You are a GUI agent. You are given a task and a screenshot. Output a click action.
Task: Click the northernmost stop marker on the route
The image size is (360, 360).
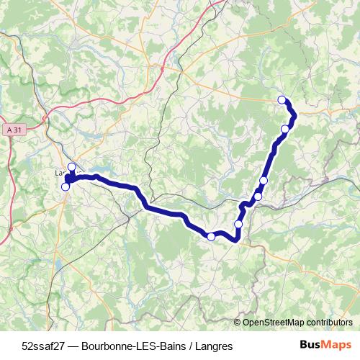282,100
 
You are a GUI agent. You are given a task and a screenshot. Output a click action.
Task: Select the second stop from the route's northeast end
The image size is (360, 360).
285,129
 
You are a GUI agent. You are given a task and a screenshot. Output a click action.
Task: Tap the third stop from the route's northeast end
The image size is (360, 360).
264,180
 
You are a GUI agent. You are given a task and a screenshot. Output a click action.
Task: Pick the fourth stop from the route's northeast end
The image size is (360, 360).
258,196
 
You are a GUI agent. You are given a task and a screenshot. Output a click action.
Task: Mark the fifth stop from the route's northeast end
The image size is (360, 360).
238,224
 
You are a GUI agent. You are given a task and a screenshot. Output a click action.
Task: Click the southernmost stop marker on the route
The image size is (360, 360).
211,236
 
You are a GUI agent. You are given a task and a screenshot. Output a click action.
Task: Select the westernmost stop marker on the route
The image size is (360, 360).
66,187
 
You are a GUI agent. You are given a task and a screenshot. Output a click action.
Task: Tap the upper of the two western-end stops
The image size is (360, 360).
71,167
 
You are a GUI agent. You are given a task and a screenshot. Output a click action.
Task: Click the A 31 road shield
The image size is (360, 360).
12,130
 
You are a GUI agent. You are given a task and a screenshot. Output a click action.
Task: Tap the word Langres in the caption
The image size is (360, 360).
215,346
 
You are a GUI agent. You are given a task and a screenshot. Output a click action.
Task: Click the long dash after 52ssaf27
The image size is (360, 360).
72,346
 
